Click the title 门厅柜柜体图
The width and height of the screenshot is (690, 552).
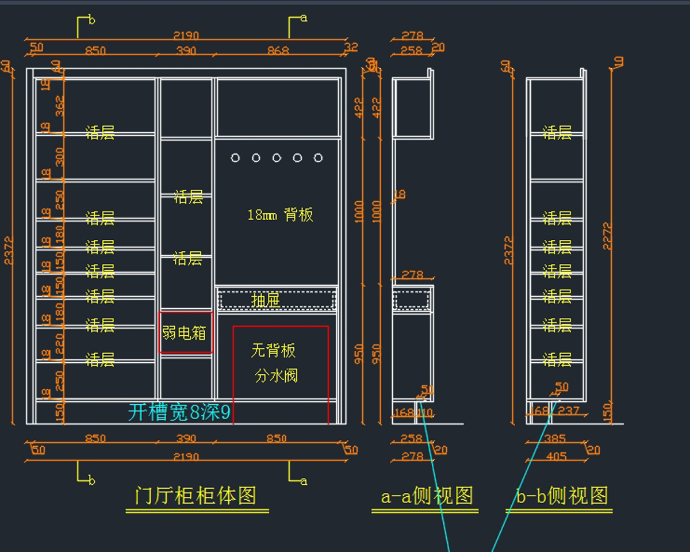(x=195, y=496)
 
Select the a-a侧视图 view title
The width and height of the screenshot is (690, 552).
(x=427, y=496)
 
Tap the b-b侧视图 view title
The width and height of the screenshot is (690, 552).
(x=562, y=496)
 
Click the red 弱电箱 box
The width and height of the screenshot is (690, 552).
(x=185, y=332)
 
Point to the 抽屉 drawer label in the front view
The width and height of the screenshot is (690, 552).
(x=266, y=300)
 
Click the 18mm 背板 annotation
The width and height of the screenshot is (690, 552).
(x=280, y=215)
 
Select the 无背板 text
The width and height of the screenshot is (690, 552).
(x=273, y=350)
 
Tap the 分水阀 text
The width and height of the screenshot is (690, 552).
(x=276, y=377)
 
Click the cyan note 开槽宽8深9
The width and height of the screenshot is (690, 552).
(x=179, y=412)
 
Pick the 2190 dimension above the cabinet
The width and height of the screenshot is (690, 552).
(x=186, y=36)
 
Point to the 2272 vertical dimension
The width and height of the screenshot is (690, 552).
(x=607, y=236)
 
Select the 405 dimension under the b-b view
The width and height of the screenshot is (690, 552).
(x=555, y=457)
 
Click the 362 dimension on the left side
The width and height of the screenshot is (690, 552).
(x=60, y=106)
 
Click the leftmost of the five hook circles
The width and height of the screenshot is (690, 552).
(x=235, y=158)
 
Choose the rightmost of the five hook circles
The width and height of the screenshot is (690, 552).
(x=318, y=158)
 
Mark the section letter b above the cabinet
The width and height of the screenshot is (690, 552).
(x=91, y=21)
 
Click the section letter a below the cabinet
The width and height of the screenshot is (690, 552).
(x=304, y=481)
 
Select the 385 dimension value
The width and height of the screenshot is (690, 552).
(x=555, y=439)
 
